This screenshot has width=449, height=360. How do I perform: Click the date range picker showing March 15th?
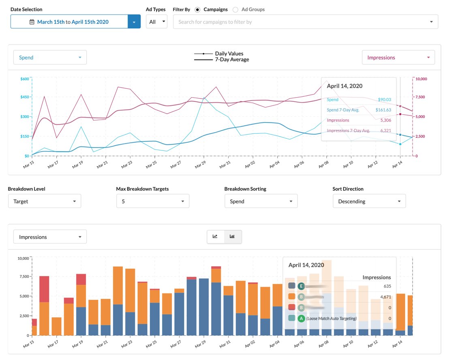[69, 22]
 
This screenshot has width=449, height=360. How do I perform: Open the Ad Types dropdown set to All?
[156, 22]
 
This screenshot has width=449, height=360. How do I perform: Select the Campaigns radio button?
[197, 9]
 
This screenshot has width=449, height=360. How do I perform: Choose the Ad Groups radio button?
[235, 9]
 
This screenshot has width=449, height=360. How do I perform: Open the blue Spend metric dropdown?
[50, 58]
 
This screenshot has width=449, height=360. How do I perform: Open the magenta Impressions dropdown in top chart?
[398, 58]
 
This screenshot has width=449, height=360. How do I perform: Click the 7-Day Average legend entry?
[232, 60]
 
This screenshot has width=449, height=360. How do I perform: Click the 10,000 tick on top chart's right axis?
[421, 79]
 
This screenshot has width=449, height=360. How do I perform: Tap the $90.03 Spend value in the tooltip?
[384, 99]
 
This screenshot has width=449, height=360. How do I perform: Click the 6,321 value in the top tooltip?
[385, 131]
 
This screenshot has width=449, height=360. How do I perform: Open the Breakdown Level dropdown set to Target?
[45, 201]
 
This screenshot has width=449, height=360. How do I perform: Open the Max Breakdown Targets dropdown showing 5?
[152, 201]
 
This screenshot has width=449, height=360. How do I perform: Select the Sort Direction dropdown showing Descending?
[369, 201]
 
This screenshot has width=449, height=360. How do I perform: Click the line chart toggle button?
[216, 237]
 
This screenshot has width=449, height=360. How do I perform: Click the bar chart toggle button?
[233, 237]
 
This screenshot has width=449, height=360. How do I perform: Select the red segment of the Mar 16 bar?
[44, 289]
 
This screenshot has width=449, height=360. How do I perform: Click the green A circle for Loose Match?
[301, 319]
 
